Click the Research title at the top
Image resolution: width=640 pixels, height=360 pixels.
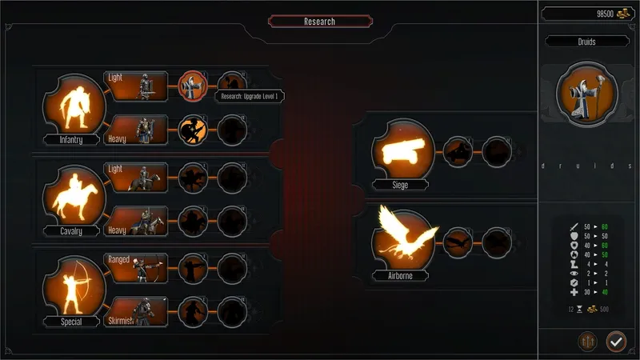click(x=319, y=22)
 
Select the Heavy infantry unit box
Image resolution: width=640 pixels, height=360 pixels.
click(x=136, y=130)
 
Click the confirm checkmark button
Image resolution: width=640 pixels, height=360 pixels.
click(x=616, y=342)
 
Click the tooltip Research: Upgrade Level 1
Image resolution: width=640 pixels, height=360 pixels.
click(x=249, y=97)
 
